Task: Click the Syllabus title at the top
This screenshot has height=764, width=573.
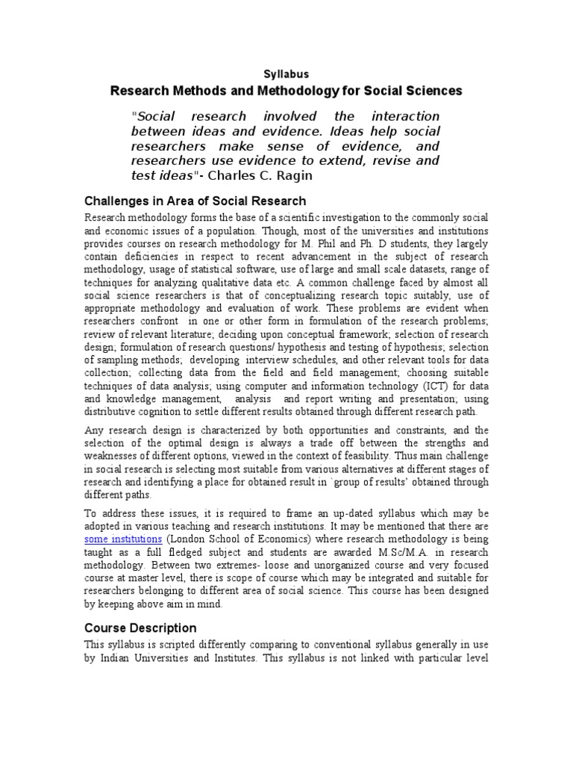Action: (x=286, y=74)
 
